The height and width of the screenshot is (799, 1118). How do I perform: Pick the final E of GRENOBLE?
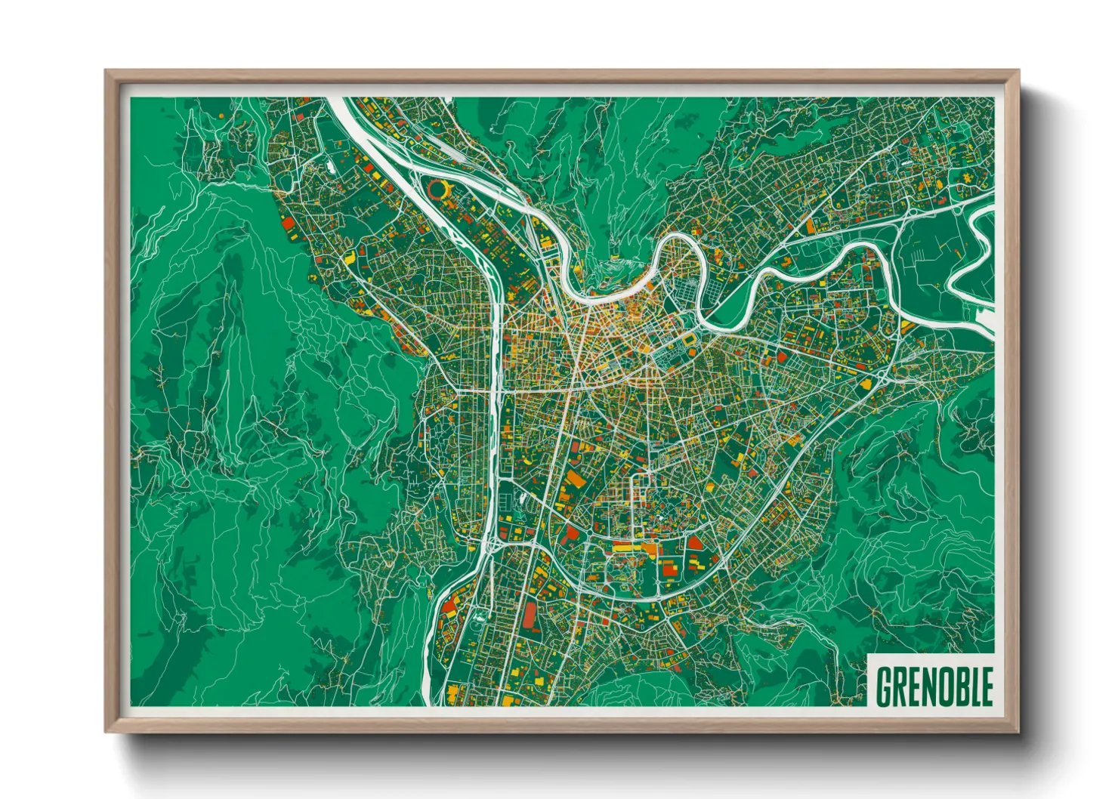pos(984,687)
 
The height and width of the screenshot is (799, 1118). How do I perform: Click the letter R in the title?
pos(897,687)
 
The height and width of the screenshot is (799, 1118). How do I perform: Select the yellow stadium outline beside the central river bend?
pos(690,344)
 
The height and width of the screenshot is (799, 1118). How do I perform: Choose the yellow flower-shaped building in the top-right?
pos(966,180)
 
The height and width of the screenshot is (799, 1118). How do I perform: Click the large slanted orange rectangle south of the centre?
pos(576,479)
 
